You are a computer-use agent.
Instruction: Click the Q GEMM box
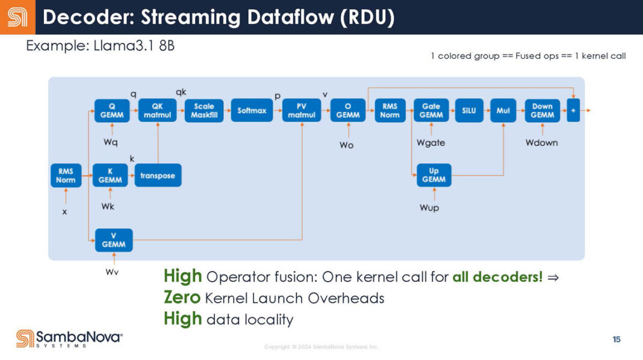(112, 111)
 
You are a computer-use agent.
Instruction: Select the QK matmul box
(157, 111)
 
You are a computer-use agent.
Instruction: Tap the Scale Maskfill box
(204, 111)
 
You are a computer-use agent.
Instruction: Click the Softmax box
(252, 111)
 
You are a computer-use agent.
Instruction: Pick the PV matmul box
(302, 111)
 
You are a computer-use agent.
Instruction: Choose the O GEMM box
(347, 111)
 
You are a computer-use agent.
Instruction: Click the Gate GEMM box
(431, 111)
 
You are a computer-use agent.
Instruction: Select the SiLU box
(468, 111)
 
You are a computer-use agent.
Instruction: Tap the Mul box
(503, 111)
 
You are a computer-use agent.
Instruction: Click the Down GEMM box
(542, 111)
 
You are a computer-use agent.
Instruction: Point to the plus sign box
(573, 111)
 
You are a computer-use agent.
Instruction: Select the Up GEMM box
(433, 175)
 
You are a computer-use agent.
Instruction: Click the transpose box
(158, 175)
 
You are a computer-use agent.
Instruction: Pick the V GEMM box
(114, 240)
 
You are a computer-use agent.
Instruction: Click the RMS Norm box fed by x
(66, 176)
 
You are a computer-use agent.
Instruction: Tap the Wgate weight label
(431, 143)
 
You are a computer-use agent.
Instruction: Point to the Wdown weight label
(541, 143)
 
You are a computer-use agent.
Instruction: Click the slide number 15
(617, 340)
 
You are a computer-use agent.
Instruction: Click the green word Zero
(182, 297)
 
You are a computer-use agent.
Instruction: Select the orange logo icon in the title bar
(17, 17)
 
